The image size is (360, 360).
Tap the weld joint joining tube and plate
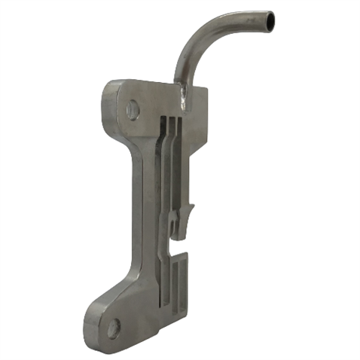tap(184, 92)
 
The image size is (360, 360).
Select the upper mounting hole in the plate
tap(133, 111)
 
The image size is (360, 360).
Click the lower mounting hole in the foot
tap(113, 328)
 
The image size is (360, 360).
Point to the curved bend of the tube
tap(197, 34)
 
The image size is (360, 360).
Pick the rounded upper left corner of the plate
tap(110, 85)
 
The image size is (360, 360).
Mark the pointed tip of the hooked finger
tap(193, 206)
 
